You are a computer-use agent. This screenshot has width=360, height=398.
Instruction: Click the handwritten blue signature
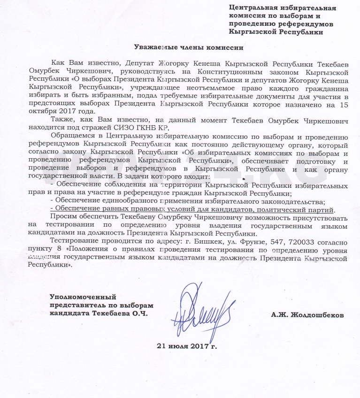coord(197,307)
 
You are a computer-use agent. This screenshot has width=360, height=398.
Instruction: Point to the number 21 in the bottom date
coord(161,347)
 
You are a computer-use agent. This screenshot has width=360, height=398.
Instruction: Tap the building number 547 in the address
coord(251,241)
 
